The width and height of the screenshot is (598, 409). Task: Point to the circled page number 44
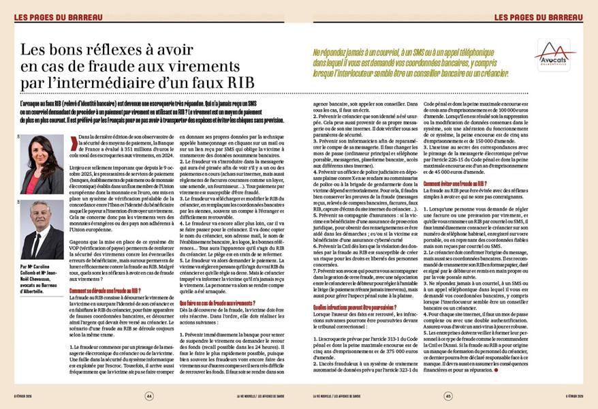pos(149,395)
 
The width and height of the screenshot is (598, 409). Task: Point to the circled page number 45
pos(448,395)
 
